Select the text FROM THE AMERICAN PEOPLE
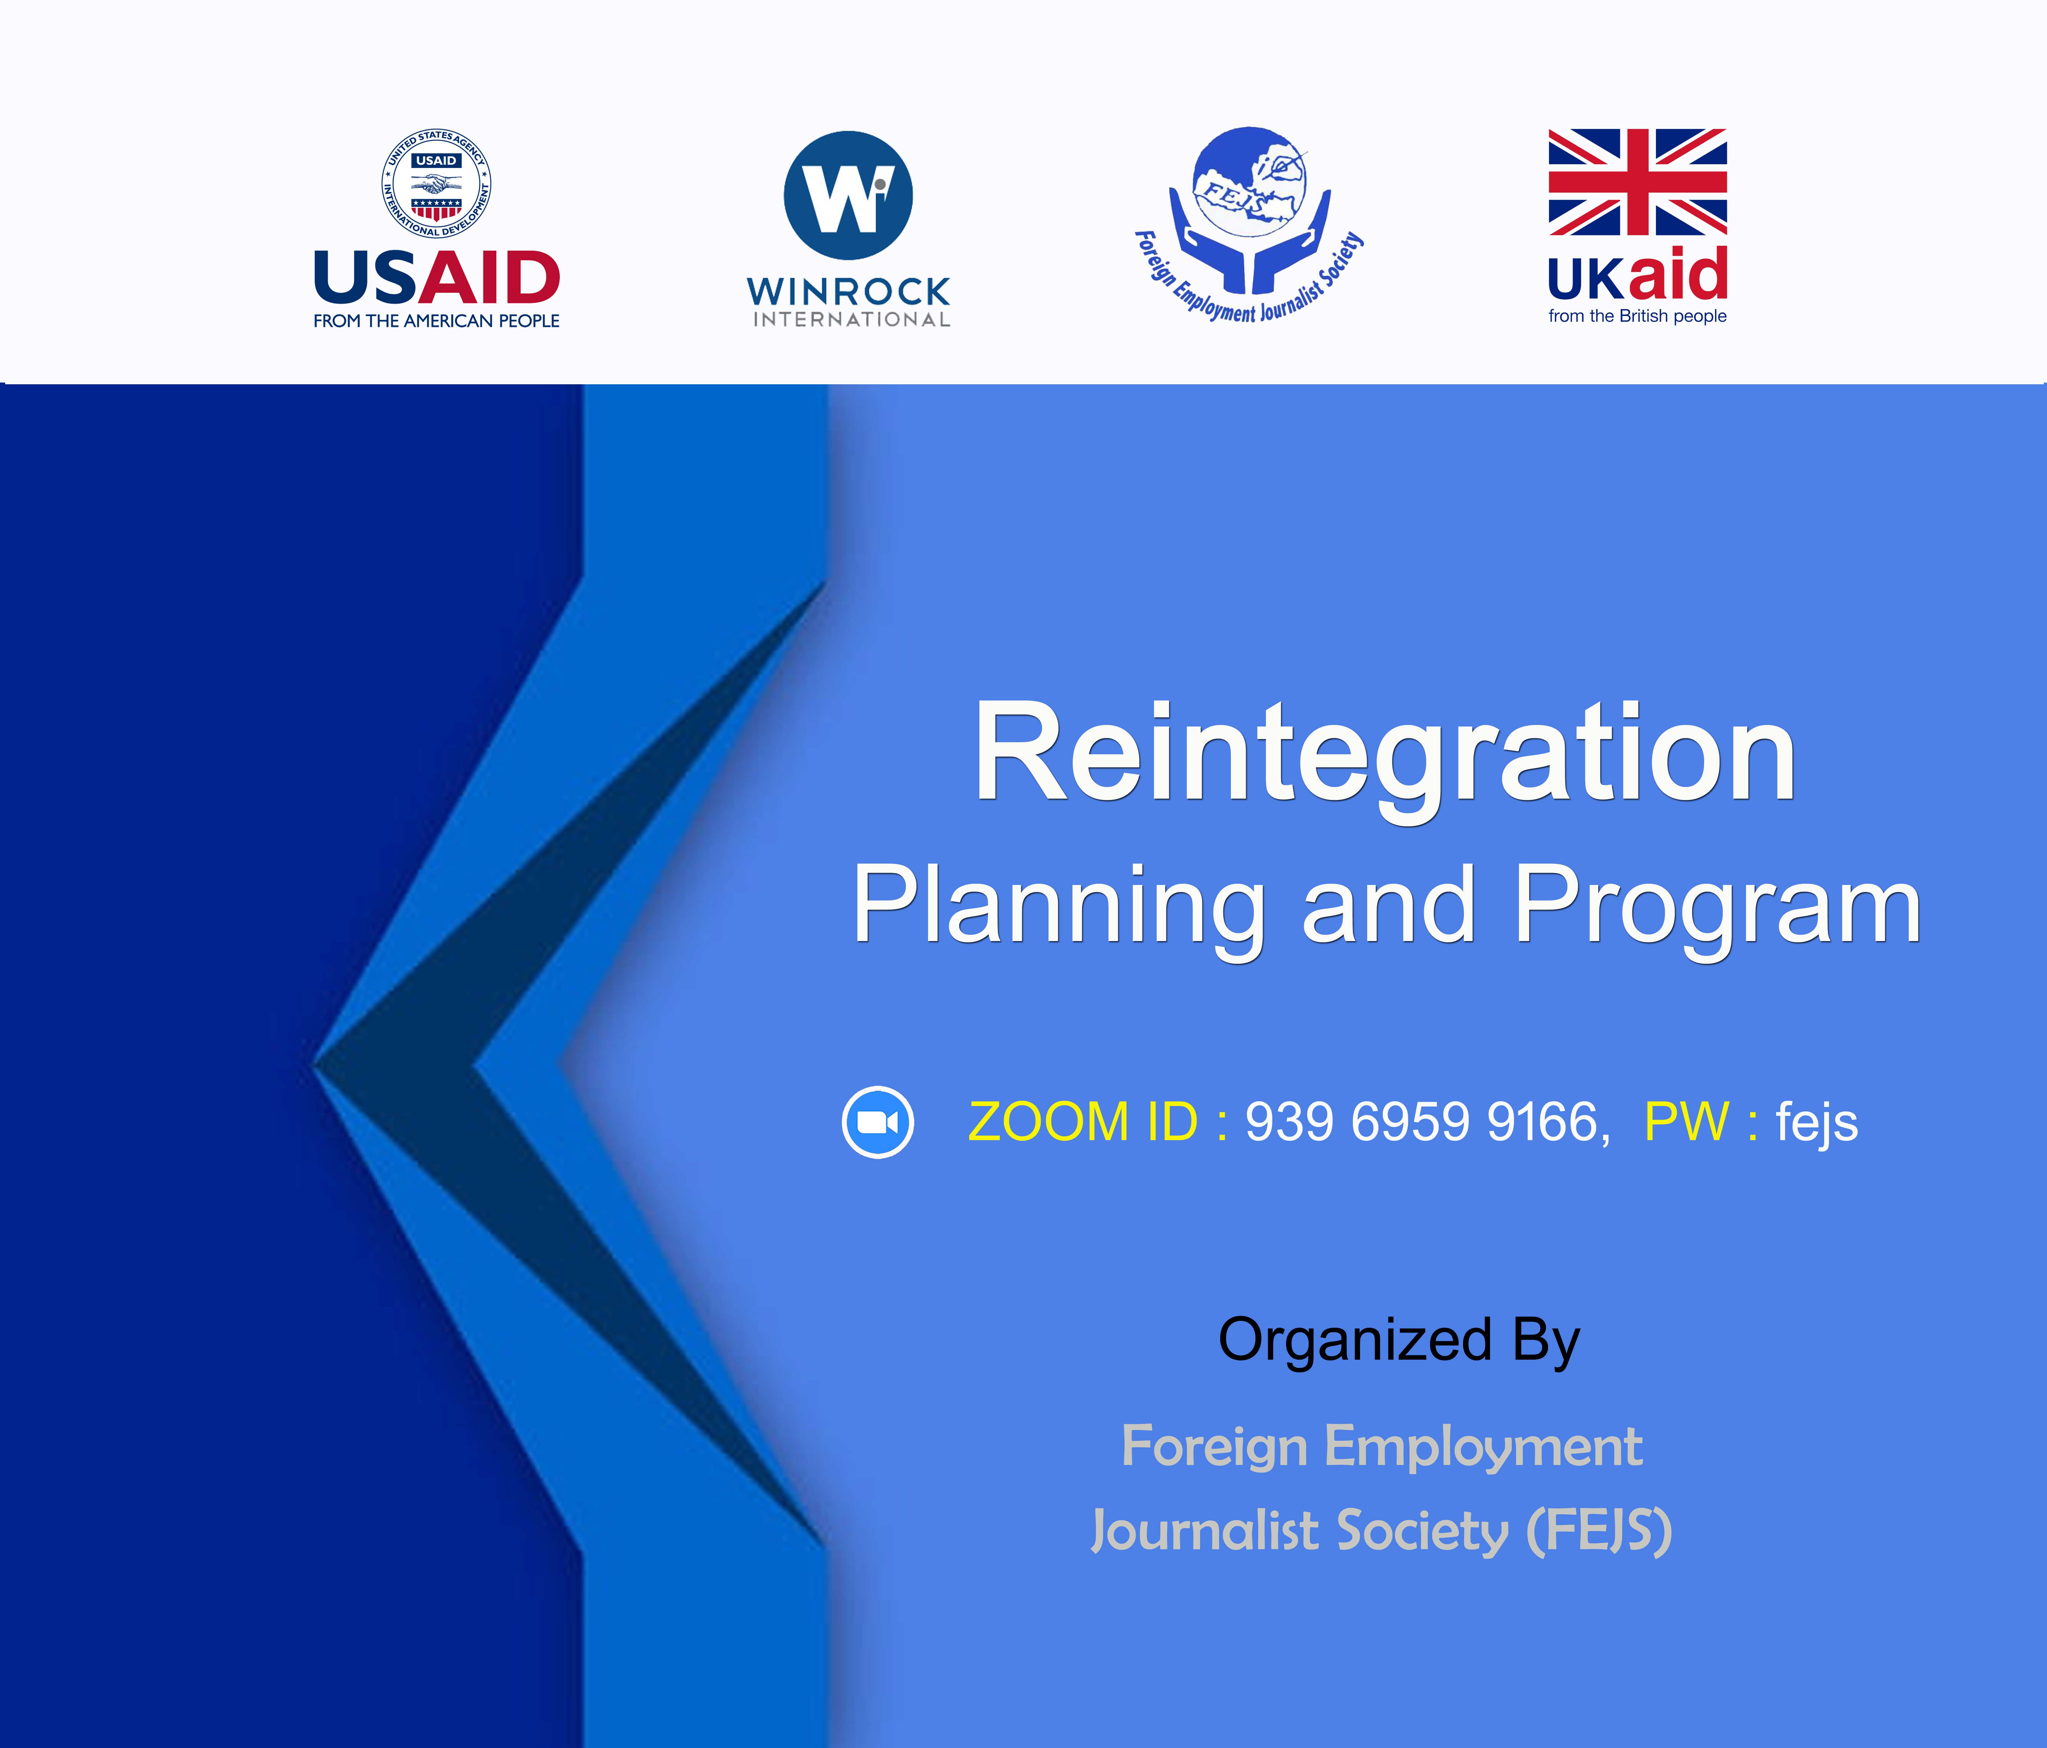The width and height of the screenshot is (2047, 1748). [437, 321]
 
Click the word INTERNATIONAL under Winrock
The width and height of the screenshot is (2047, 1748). [852, 319]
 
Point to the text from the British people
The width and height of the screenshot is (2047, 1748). [1637, 316]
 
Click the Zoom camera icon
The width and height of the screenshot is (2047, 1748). [877, 1121]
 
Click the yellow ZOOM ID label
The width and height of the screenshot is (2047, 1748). [1083, 1121]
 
